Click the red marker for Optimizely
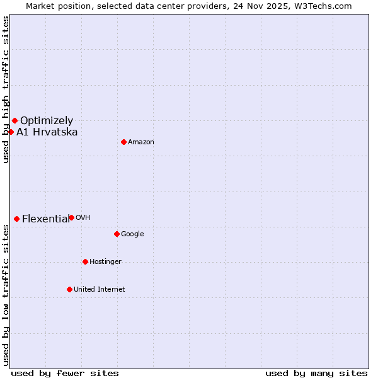pos(14,120)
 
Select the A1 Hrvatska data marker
pos(11,132)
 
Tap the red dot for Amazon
pos(123,142)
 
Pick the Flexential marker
pos(16,219)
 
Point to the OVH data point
pos(71,217)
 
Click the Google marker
pos(117,234)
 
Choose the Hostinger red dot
pos(85,261)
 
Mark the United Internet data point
pos(69,289)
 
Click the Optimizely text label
pos(47,120)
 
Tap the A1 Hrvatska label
pos(47,132)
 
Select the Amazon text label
pos(141,142)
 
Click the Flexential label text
pos(45,219)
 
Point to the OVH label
pos(83,217)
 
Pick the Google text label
pos(132,234)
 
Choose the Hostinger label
pos(105,261)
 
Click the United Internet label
pos(100,289)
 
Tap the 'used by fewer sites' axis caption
pos(65,373)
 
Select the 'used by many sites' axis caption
pos(316,373)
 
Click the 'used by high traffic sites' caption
pos(6,89)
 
